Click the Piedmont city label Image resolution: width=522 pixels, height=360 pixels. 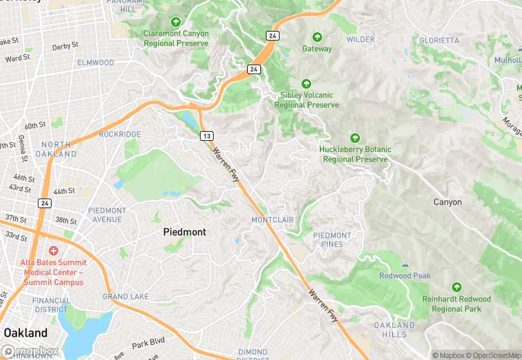coord(184,232)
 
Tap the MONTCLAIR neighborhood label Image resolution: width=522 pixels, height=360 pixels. coord(272,220)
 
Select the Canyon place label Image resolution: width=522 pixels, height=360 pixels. coord(447,202)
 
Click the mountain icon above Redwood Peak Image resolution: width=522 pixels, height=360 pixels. coord(405,264)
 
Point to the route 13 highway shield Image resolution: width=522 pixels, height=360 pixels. coord(206,136)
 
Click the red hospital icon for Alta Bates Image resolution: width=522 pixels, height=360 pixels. coord(54,251)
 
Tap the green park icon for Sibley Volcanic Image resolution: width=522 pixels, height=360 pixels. coord(306,83)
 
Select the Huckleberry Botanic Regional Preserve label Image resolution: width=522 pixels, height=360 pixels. coord(355,155)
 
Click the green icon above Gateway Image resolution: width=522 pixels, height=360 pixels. coord(317,37)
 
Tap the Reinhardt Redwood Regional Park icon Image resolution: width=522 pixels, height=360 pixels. coord(456,287)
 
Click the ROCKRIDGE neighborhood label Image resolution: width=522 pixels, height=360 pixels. coord(120,134)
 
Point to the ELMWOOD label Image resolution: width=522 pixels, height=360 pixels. coord(95,63)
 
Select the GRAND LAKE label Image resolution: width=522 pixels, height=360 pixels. coord(125,297)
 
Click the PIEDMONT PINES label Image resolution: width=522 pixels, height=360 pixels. coord(332,240)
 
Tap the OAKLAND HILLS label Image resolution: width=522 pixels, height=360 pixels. coord(394,330)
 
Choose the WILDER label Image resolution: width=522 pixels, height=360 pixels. coord(361,40)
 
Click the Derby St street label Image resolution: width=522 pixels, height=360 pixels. coord(65,47)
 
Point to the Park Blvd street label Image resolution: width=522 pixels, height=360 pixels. coord(149,341)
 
